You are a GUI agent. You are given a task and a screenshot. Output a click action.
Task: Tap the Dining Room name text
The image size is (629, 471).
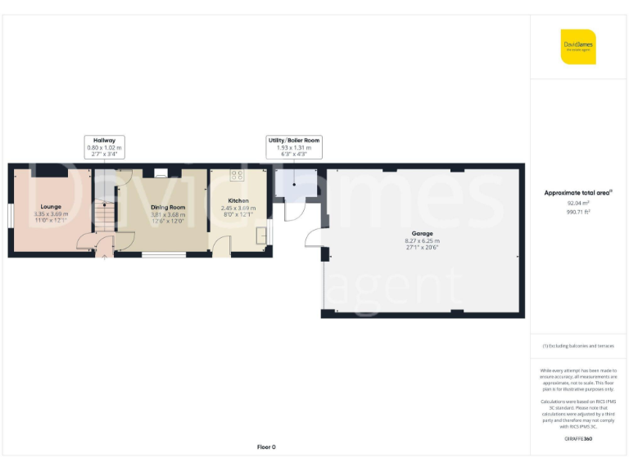pos(168,207)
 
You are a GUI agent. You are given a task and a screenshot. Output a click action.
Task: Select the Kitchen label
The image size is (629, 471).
pos(238,200)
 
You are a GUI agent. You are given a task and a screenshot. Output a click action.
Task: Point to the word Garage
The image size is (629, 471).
pos(422,233)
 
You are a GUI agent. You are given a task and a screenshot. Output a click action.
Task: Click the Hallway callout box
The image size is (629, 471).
pos(103,146)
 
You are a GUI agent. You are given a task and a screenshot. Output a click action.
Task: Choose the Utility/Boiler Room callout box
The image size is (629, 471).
pos(294,146)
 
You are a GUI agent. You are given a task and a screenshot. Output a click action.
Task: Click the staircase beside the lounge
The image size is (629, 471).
pos(103,218)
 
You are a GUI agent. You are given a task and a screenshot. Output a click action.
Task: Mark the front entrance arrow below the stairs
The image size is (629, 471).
pos(103,261)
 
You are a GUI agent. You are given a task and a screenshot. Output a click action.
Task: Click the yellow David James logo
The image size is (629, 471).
pos(578,47)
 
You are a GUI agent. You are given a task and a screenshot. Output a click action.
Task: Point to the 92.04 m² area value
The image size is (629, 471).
pos(578,203)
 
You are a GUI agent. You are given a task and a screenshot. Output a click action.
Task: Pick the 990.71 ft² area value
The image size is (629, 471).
pos(578,211)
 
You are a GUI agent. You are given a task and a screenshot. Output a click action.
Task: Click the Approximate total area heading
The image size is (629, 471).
pos(578,193)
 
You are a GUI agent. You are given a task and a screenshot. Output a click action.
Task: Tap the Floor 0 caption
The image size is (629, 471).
pos(266,446)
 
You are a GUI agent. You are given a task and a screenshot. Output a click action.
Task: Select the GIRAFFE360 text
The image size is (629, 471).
pos(578,440)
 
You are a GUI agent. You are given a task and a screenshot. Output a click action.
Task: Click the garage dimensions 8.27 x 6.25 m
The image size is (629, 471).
pos(422,241)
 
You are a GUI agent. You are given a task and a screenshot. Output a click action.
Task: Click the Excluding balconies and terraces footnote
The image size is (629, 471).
pos(578,346)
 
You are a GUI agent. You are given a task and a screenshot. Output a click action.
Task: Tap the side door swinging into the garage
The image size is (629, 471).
pos(314,240)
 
